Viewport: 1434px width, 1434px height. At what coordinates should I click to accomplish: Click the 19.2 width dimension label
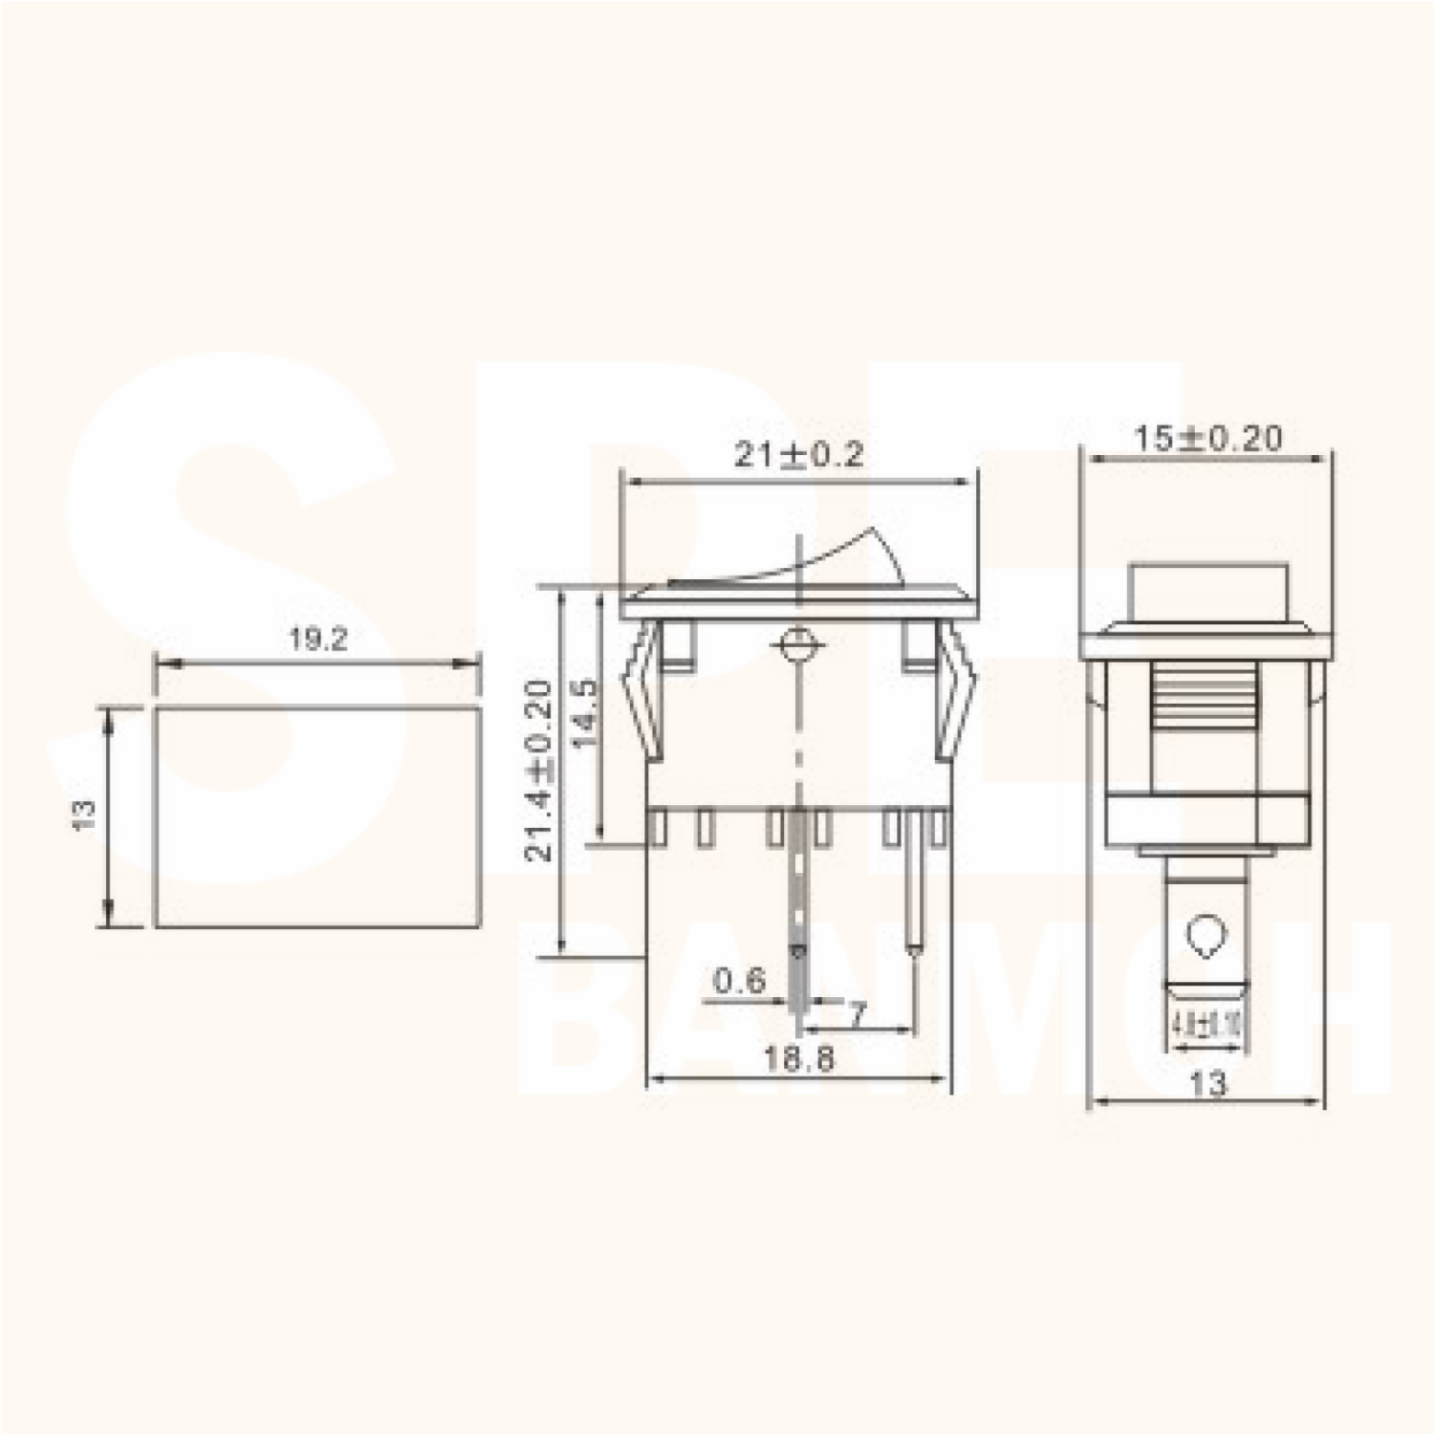(x=318, y=640)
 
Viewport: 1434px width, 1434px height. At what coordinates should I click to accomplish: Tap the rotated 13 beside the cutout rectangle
(x=85, y=815)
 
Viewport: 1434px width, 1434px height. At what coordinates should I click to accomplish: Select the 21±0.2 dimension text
(x=798, y=454)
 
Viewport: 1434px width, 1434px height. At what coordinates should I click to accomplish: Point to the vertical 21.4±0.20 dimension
(x=539, y=771)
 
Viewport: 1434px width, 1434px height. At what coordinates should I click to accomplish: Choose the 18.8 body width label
(x=798, y=1058)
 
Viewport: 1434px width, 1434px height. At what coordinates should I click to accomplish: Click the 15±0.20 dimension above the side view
(x=1207, y=439)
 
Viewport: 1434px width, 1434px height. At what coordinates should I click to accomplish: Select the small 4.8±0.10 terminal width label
(x=1206, y=1027)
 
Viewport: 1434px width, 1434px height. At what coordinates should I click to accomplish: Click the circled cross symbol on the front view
(x=795, y=646)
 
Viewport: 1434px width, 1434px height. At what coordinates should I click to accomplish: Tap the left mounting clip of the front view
(x=644, y=688)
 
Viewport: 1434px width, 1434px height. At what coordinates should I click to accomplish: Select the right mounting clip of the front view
(x=955, y=688)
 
